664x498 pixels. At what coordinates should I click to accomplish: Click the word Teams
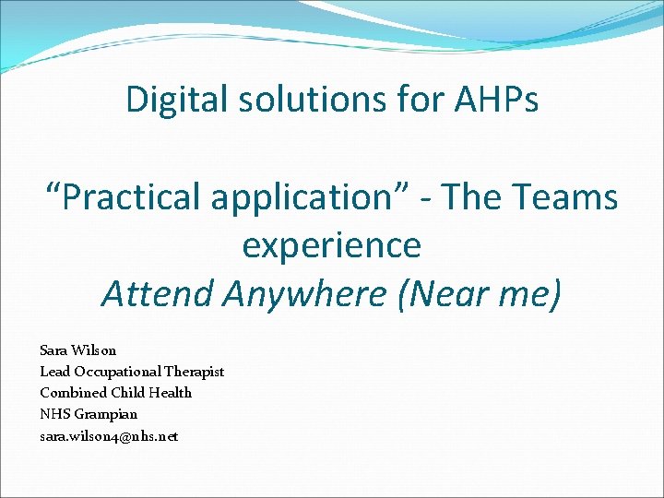click(x=562, y=196)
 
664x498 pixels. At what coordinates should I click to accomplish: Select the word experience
click(x=331, y=245)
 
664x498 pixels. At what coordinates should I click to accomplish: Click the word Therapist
click(x=194, y=372)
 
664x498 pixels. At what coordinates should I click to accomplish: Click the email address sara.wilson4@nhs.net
click(x=109, y=435)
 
